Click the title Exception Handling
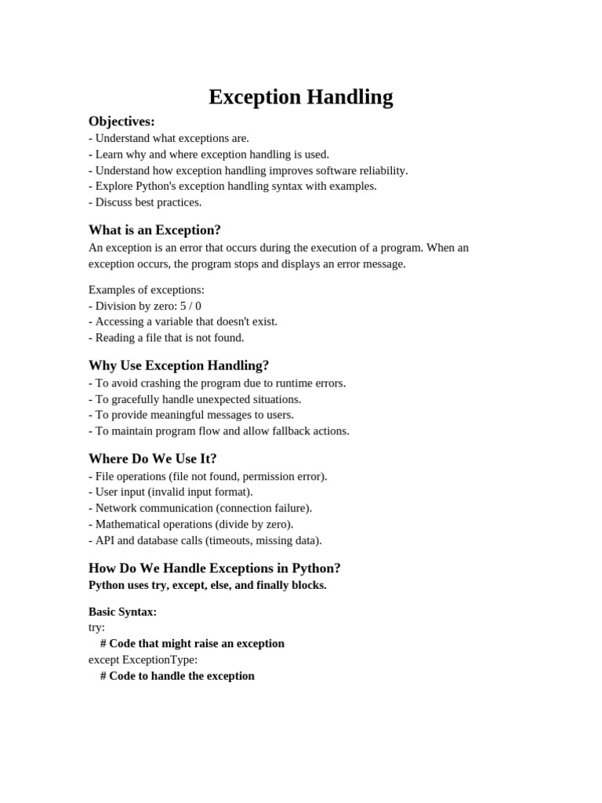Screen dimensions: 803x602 tap(300, 97)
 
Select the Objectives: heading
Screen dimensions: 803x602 tap(121, 122)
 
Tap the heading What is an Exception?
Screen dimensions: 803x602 tap(154, 230)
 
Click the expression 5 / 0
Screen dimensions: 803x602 tap(190, 306)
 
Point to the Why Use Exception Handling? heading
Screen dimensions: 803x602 tap(178, 365)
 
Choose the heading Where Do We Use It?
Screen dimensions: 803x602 tap(152, 459)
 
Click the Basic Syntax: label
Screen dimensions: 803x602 tap(122, 612)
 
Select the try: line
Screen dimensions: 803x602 tap(96, 627)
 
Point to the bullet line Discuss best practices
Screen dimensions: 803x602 tap(148, 202)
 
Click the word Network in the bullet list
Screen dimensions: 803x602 tap(117, 508)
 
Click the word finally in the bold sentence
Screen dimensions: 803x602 tap(274, 585)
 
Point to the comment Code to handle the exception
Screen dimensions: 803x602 tap(182, 676)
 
